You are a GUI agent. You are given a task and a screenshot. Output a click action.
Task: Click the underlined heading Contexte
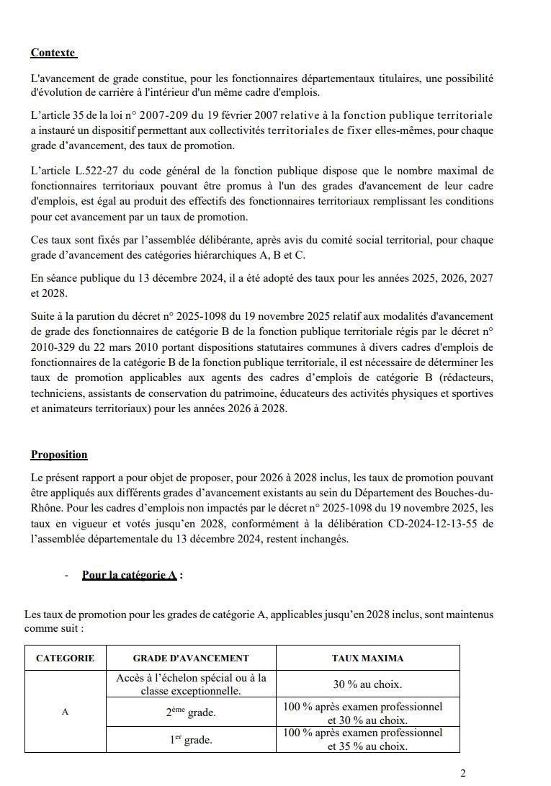[x=53, y=53]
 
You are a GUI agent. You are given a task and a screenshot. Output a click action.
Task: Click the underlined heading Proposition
[x=59, y=455]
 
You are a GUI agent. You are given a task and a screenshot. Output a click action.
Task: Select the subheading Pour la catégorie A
[x=130, y=575]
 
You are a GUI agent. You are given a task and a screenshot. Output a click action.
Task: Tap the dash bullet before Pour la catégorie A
[x=67, y=575]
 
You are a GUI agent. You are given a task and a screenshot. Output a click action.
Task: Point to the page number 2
[x=462, y=774]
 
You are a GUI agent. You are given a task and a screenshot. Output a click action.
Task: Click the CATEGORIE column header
[x=65, y=658]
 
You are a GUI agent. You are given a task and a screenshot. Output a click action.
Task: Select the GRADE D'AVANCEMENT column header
[x=191, y=658]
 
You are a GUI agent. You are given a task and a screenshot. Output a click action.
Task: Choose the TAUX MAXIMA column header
[x=367, y=658]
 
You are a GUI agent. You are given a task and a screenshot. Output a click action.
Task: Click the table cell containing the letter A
[x=65, y=712]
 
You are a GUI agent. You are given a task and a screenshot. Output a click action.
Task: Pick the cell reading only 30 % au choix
[x=367, y=684]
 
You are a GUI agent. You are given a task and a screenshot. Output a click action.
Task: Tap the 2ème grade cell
[x=191, y=713]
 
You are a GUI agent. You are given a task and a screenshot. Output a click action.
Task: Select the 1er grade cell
[x=191, y=739]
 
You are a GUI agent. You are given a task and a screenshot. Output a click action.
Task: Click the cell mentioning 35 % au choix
[x=367, y=739]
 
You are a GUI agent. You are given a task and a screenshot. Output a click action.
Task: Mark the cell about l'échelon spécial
[x=191, y=684]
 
